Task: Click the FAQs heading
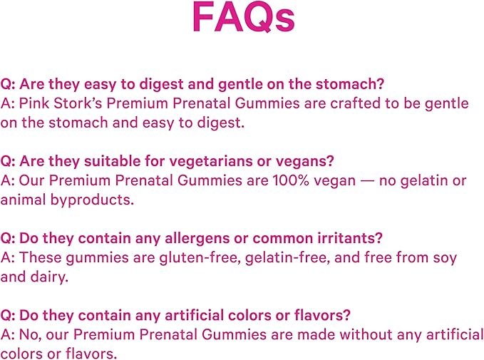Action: coord(243,19)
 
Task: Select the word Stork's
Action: coord(75,103)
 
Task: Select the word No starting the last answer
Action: coord(29,334)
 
